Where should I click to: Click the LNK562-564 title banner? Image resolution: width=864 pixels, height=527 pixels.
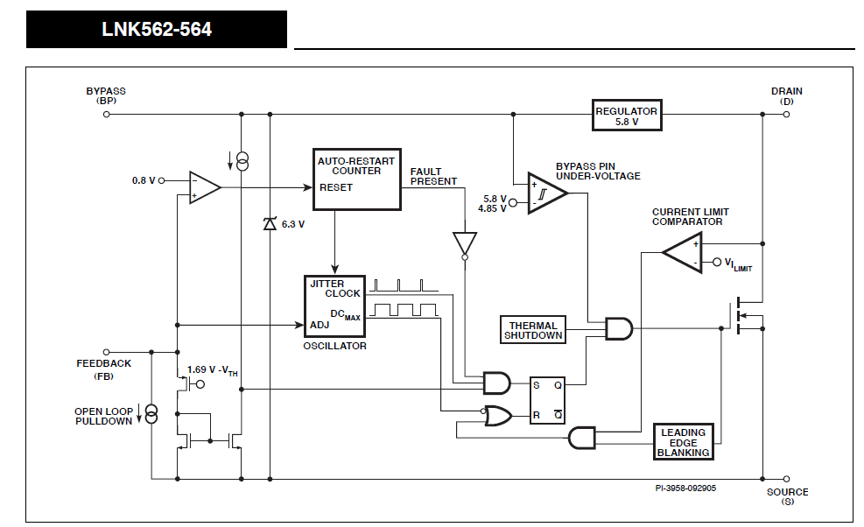[x=157, y=29]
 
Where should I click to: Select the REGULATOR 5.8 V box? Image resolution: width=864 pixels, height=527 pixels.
[x=626, y=116]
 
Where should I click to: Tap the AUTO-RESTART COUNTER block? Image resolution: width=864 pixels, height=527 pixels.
[x=356, y=179]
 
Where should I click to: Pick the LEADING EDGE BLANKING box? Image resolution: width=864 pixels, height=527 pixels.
[x=684, y=442]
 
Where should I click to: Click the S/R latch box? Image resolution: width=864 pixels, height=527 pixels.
[x=548, y=400]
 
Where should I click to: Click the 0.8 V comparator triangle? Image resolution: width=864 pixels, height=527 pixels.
[x=204, y=188]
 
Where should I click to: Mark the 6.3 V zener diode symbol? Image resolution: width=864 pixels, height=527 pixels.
[x=270, y=224]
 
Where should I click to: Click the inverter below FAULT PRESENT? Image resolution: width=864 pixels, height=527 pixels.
[x=465, y=244]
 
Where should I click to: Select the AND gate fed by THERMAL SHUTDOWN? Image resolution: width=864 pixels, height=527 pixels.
[x=619, y=329]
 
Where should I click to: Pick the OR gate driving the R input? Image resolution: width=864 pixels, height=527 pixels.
[x=498, y=417]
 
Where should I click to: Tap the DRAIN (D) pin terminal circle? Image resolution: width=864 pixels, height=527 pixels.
[x=786, y=114]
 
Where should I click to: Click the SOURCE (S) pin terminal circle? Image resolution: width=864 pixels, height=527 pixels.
[x=786, y=479]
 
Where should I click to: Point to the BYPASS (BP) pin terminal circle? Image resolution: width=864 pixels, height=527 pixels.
[x=106, y=114]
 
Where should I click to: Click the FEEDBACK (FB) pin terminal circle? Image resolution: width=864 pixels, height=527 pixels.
[x=106, y=352]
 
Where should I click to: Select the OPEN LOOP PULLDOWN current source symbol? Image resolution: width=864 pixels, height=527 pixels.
[x=151, y=414]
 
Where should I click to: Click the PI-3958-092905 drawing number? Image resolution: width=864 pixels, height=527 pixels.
[x=685, y=488]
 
